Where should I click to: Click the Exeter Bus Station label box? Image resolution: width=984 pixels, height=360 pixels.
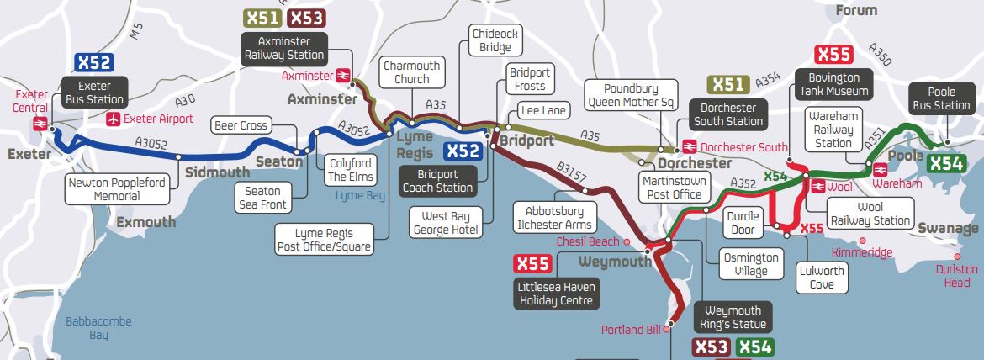coord(94,93)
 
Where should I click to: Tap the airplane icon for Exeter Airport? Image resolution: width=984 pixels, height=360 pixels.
coord(114,119)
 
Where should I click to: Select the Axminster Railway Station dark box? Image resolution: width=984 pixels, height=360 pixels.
coord(284,48)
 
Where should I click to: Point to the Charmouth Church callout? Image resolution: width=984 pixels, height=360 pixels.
coord(411,72)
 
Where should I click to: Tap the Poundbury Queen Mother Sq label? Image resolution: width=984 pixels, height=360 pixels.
coord(631,96)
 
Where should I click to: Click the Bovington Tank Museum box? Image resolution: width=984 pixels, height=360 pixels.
coord(833,84)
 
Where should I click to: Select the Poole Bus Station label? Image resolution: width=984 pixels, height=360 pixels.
coord(942,98)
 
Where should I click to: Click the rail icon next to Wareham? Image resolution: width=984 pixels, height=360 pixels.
coord(881,167)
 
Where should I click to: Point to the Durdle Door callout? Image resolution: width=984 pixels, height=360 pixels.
coord(743,223)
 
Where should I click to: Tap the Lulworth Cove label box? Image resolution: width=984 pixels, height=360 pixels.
coord(821,278)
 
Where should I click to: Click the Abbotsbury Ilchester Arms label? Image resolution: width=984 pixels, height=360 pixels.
coord(555,218)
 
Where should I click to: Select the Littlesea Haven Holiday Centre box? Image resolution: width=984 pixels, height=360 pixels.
coord(556,294)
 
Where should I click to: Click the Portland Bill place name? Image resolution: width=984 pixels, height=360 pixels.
coord(632,330)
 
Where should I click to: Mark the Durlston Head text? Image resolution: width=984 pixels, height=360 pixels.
coord(956,276)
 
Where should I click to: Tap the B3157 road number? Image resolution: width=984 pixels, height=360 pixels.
coord(571,176)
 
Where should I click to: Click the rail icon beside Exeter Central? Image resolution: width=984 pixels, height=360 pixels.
coord(40,124)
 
